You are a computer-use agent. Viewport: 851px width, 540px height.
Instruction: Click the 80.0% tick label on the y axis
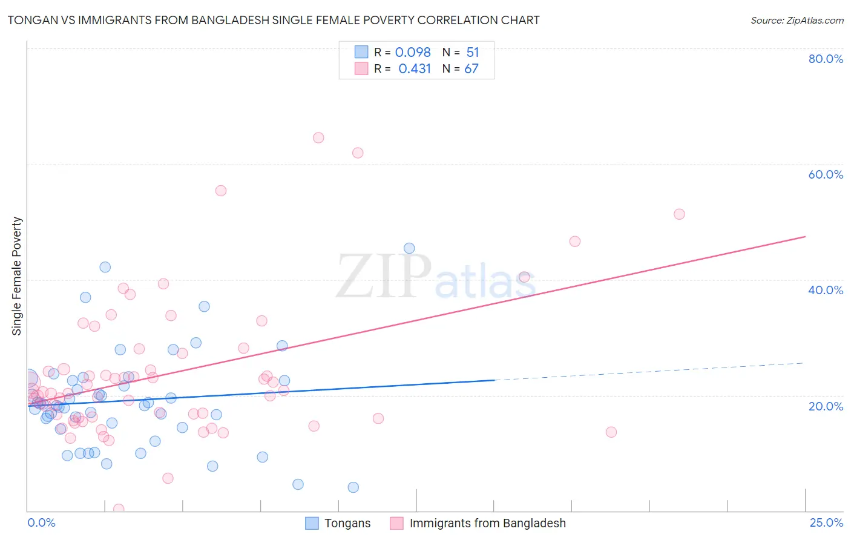(x=826, y=59)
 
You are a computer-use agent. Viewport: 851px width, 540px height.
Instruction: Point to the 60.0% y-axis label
(x=826, y=174)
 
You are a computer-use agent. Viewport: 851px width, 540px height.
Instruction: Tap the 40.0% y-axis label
(x=826, y=290)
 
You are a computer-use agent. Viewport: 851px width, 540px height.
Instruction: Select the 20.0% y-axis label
(x=826, y=406)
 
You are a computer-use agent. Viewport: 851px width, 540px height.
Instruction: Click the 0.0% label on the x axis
(x=41, y=522)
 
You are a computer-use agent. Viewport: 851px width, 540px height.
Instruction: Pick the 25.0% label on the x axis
(x=826, y=522)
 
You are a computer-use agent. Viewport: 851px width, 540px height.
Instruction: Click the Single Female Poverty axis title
(x=17, y=276)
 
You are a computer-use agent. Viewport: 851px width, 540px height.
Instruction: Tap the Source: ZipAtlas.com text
(x=797, y=20)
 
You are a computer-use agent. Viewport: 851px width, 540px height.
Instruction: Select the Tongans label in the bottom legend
(x=347, y=523)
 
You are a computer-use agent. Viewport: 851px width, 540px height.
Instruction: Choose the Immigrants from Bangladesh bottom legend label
(x=487, y=523)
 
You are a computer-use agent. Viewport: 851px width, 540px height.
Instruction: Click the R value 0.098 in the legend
(x=413, y=52)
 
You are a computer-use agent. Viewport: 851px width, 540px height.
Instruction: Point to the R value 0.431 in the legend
(x=415, y=68)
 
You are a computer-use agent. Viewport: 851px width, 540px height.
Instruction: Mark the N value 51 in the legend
(x=473, y=52)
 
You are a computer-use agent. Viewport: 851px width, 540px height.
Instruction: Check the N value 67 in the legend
(x=471, y=68)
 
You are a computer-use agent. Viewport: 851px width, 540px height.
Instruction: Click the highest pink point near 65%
(x=318, y=137)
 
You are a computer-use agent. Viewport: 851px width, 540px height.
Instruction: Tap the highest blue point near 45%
(x=409, y=248)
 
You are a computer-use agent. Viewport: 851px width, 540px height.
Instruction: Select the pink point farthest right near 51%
(x=679, y=214)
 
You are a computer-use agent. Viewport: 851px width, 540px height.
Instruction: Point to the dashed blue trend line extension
(x=648, y=371)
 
